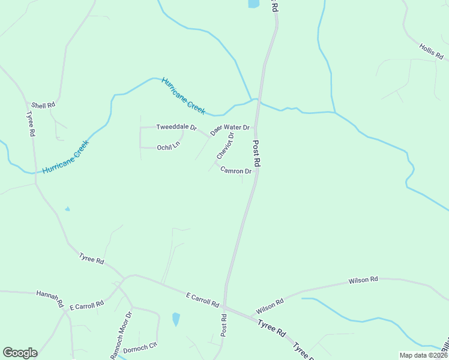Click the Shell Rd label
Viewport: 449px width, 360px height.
coord(43,105)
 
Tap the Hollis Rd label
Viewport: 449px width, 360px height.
coord(431,52)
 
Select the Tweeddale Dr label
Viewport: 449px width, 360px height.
coord(176,127)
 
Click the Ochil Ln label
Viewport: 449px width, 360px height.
coord(168,147)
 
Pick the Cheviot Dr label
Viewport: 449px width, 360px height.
coord(225,146)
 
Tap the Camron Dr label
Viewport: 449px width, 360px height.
coord(236,171)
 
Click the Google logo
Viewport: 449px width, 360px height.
coord(20,353)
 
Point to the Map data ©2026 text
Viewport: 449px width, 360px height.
coord(423,355)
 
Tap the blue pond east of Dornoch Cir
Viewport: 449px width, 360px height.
coord(176,319)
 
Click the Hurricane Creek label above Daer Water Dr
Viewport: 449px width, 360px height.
coord(183,96)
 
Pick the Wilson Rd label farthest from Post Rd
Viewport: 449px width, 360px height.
coord(363,280)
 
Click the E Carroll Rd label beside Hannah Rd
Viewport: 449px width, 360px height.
coord(86,305)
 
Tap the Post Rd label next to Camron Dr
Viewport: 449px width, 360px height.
coord(256,154)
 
